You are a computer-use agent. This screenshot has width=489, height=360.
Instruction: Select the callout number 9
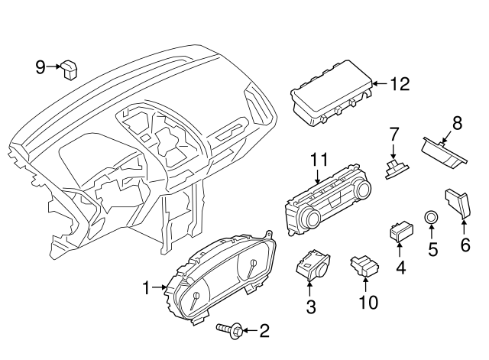coord(40,67)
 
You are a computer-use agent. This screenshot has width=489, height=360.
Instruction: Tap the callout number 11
coord(319,160)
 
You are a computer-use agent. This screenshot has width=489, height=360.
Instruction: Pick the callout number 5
coord(432,248)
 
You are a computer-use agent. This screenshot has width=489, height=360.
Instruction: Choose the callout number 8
coord(457,122)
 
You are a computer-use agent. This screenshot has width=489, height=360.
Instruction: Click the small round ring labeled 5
coord(432,219)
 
